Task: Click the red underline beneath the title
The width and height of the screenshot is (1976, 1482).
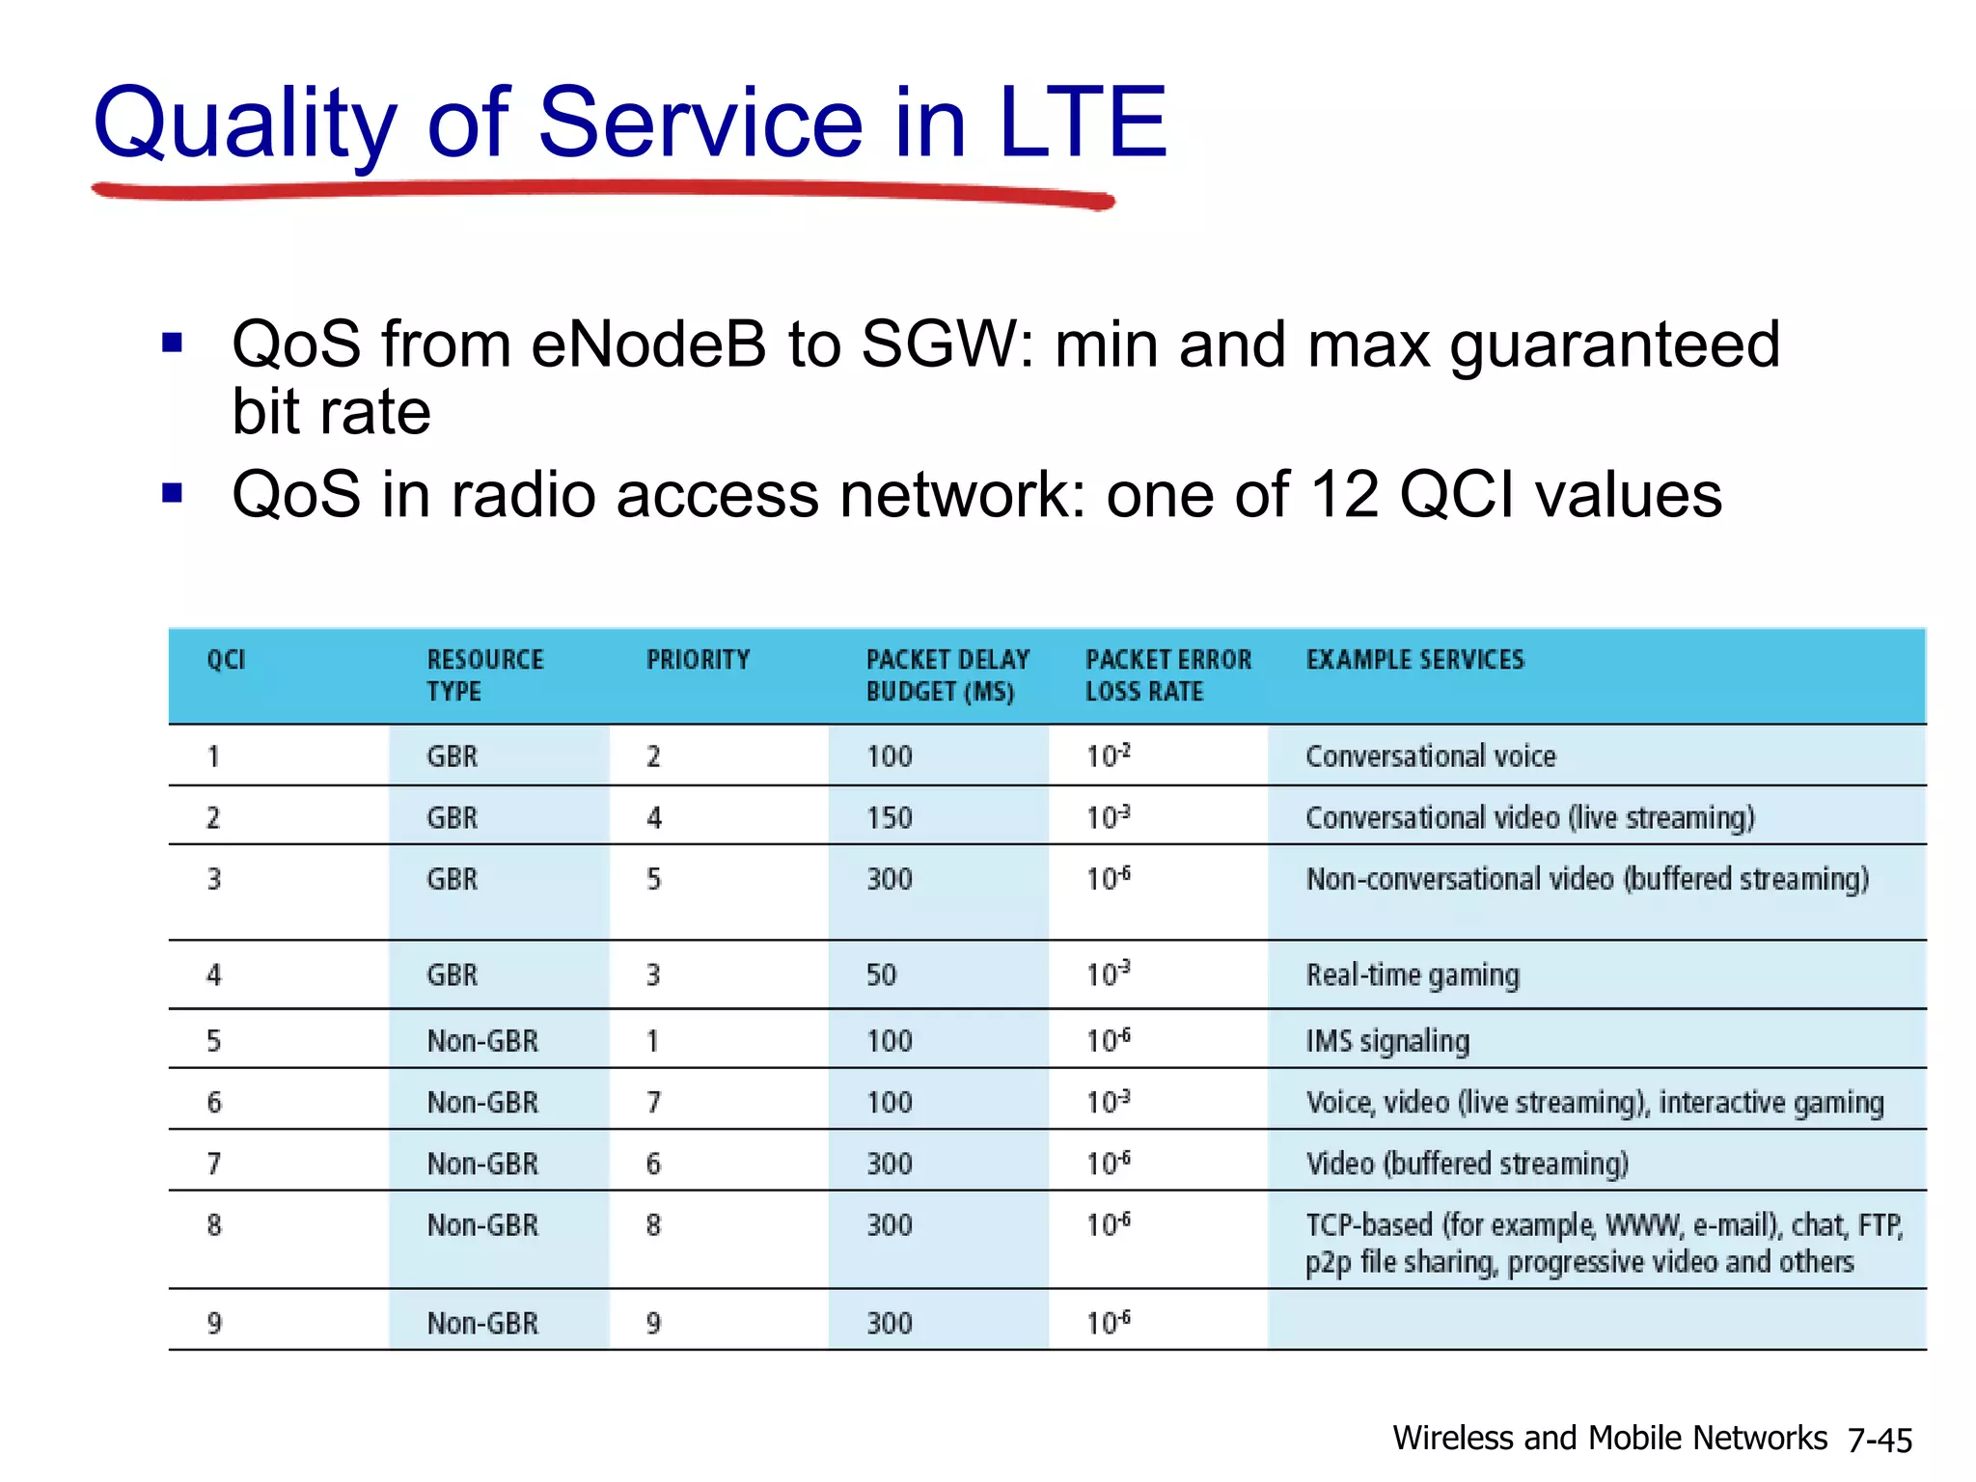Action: coord(603,190)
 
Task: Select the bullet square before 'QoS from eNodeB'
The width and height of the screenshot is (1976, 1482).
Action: coord(173,343)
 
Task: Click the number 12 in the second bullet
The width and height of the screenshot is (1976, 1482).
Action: coord(1344,495)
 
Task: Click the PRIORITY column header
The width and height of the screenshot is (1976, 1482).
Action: coord(698,660)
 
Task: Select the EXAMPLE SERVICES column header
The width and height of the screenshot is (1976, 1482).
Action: coord(1414,660)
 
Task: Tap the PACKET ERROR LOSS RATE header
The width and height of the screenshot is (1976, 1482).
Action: coord(1167,675)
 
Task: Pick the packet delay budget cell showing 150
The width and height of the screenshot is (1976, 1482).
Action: coord(889,818)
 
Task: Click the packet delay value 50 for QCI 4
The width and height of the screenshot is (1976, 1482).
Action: coord(881,975)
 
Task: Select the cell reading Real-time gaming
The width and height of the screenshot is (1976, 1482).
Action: coord(1413,975)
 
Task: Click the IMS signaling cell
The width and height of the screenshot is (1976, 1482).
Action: coord(1386,1041)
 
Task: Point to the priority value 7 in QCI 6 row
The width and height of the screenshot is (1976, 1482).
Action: coord(653,1103)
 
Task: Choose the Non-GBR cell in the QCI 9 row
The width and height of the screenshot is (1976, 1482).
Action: coord(482,1324)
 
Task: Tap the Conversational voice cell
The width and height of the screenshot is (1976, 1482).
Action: coord(1430,756)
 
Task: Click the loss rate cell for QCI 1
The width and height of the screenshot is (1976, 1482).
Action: coord(1108,756)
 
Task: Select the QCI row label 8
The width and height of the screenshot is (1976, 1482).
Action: coord(214,1226)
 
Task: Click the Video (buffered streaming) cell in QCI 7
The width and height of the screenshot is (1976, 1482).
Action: coord(1467,1165)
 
